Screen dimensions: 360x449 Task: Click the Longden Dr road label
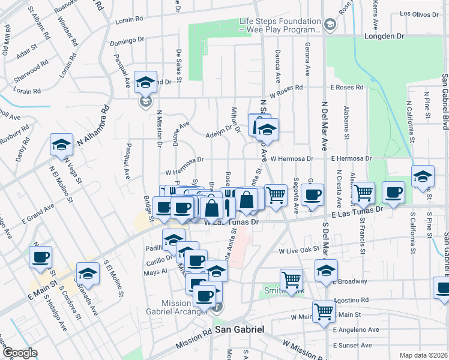[384, 37]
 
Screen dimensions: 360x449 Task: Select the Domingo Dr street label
[128, 42]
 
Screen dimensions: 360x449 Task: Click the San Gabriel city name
[240, 331]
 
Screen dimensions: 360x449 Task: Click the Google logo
[19, 353]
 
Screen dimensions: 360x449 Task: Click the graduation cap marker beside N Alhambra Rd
[61, 144]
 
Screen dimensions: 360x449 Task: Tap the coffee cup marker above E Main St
[41, 257]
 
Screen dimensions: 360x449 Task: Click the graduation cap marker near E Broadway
[326, 269]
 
